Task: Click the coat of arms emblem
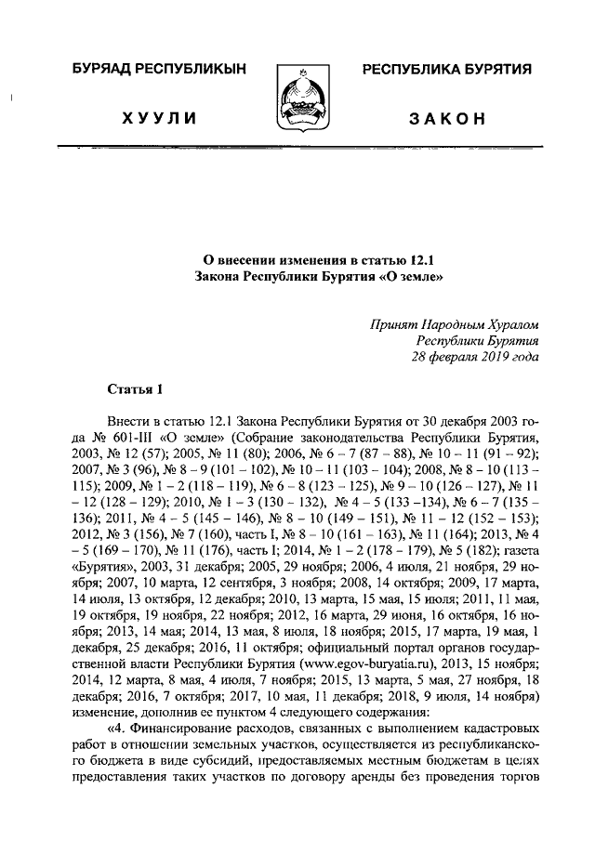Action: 297,99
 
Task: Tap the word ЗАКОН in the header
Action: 446,121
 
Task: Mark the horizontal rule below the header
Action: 297,147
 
